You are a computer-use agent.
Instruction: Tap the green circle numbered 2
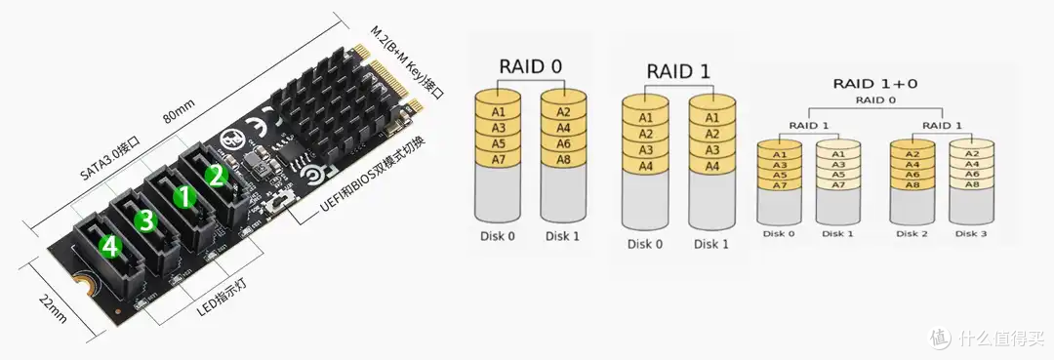216,176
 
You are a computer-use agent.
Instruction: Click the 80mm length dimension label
179,112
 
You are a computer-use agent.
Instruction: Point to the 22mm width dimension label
52,307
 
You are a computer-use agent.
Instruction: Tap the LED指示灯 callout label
222,300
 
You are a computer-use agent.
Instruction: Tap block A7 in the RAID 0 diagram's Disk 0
498,159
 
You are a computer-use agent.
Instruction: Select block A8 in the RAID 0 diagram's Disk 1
563,159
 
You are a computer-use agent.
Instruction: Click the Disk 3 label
971,234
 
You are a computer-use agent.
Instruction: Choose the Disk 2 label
912,234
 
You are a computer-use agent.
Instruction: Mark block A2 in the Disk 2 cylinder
912,154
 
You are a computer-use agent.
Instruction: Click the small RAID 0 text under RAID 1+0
875,100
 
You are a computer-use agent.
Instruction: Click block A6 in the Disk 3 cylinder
971,174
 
